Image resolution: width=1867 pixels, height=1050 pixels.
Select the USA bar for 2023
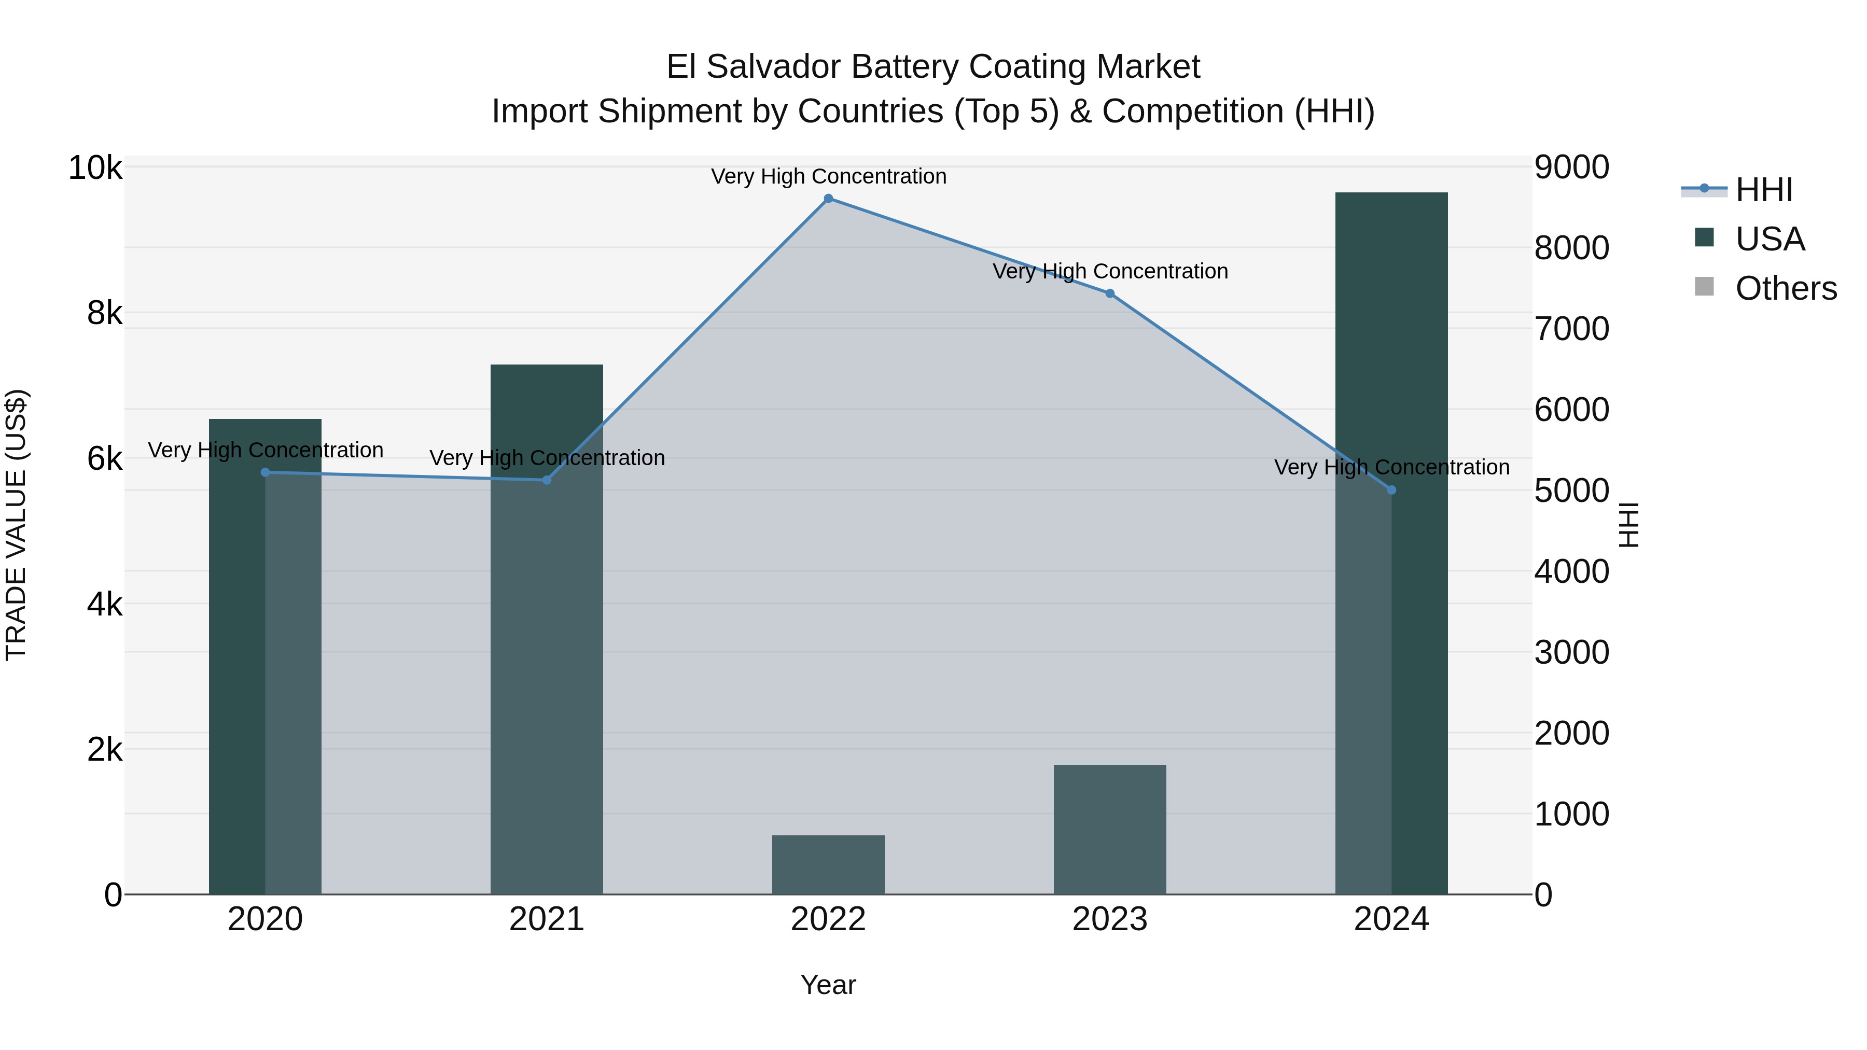pyautogui.click(x=1110, y=829)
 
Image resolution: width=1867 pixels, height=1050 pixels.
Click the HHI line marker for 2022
pyautogui.click(x=828, y=199)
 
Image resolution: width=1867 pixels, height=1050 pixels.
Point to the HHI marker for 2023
pyautogui.click(x=1110, y=293)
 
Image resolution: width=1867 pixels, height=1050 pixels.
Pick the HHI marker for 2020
pyautogui.click(x=265, y=472)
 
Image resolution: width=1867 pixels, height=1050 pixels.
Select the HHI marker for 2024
pyautogui.click(x=1391, y=490)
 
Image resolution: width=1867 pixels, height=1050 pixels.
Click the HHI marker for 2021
pyautogui.click(x=547, y=480)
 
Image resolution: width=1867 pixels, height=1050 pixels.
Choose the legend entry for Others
pyautogui.click(x=1785, y=288)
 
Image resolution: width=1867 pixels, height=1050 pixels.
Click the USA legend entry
pyautogui.click(x=1769, y=239)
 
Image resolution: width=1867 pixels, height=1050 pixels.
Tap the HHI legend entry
pyautogui.click(x=1763, y=190)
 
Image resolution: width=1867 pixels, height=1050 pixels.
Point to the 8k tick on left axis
pyautogui.click(x=104, y=314)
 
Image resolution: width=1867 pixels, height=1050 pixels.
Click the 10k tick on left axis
pyautogui.click(x=95, y=168)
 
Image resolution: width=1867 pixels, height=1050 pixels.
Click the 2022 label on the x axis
pyautogui.click(x=828, y=919)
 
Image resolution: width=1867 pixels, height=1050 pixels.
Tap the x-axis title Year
pyautogui.click(x=828, y=985)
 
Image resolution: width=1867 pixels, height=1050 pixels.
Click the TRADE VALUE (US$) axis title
pyautogui.click(x=16, y=525)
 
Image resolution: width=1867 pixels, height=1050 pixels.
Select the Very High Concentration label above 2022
pyautogui.click(x=828, y=176)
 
